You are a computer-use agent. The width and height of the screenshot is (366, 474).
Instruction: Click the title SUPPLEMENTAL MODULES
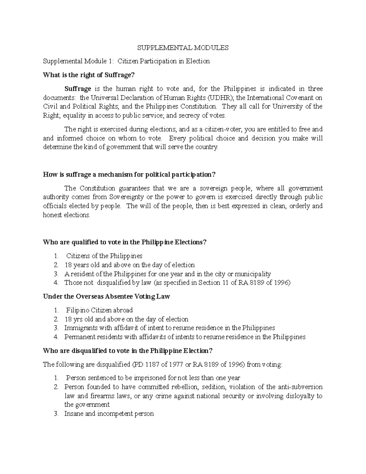183,48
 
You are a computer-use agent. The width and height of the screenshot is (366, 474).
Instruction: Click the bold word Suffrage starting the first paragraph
78,89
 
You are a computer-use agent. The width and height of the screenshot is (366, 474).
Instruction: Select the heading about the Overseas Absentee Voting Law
106,296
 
